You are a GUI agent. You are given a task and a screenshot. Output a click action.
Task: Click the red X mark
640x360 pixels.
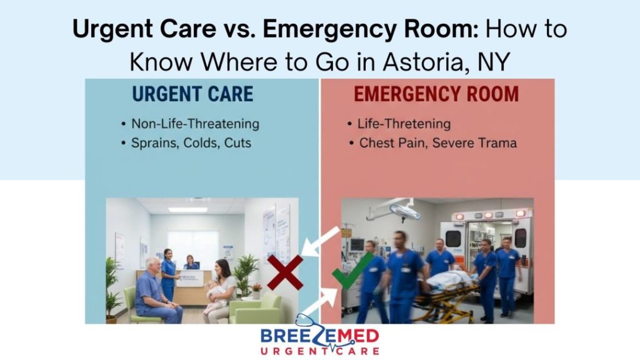(285, 272)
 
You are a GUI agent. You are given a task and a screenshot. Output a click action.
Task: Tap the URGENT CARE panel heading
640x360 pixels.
(192, 94)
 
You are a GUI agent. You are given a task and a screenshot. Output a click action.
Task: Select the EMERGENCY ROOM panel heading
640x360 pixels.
(436, 94)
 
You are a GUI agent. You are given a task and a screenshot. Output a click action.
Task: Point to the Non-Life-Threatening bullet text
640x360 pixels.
(195, 124)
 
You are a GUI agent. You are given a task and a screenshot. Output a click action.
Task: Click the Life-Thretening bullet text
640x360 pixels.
(403, 124)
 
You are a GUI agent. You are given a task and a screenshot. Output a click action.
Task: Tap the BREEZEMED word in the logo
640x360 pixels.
(320, 334)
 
